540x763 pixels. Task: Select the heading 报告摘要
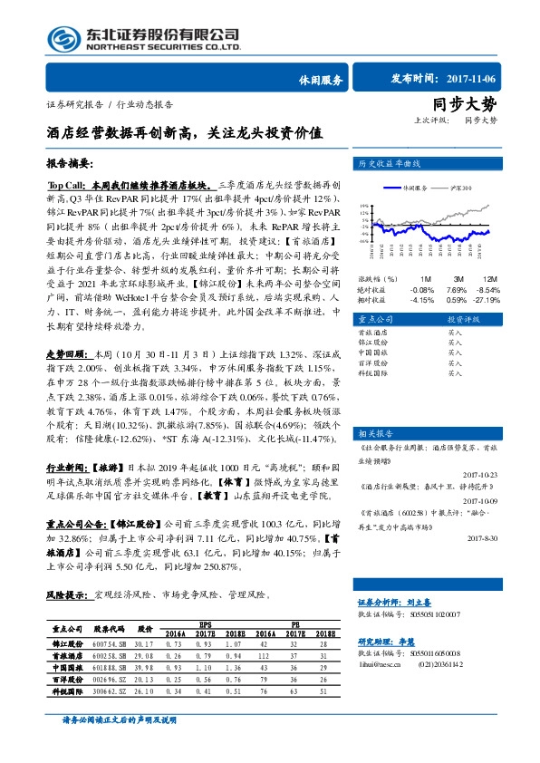(x=71, y=163)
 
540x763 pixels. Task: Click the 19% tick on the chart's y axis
(x=364, y=206)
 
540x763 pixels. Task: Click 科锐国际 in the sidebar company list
(x=375, y=373)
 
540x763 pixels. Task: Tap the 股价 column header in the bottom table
(x=144, y=627)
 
